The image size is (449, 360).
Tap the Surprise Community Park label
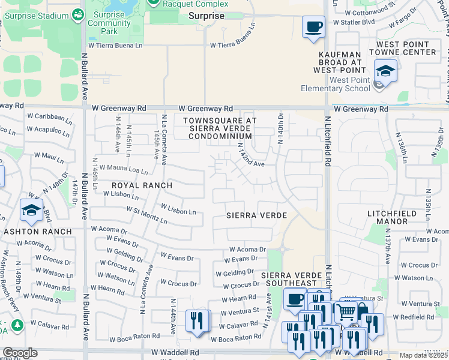click(x=109, y=23)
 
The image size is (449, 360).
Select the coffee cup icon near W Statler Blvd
click(x=313, y=28)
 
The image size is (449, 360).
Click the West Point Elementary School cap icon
click(x=385, y=71)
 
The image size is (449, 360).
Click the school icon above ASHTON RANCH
click(x=31, y=210)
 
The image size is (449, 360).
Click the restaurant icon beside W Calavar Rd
click(x=197, y=320)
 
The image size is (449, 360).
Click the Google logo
click(x=20, y=353)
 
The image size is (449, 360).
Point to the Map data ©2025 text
click(x=423, y=355)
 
